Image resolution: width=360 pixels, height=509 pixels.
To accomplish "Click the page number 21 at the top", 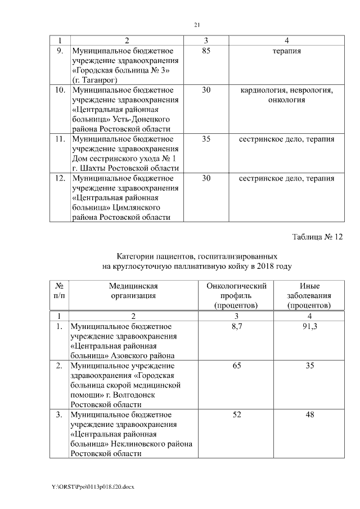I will pos(197,24).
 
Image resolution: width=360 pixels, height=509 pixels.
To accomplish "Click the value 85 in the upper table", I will pos(206,51).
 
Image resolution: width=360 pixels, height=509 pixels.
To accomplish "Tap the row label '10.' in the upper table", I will pos(60,90).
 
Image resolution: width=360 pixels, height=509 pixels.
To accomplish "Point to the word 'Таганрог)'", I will pos(92,80).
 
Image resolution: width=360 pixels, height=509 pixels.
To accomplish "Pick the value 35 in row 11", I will pos(206,139).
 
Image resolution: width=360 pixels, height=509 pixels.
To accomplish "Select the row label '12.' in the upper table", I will pos(60,178).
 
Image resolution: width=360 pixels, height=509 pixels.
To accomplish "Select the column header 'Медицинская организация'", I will pos(133,290).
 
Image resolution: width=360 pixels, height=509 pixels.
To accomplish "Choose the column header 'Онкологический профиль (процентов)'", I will pos(236,295).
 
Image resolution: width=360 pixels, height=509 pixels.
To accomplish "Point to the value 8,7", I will pos(236,326).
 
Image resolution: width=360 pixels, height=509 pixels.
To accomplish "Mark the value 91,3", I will pos(309,326).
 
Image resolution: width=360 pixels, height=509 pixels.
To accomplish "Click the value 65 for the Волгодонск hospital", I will pos(236,366).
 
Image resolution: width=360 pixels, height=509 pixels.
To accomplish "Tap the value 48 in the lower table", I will pos(309,415).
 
